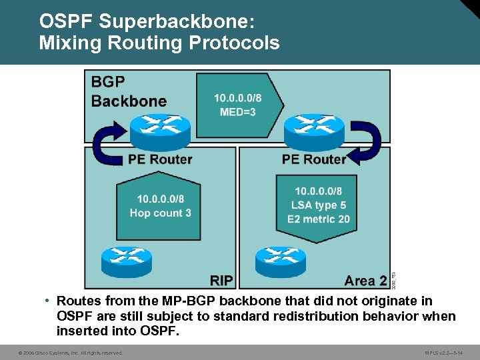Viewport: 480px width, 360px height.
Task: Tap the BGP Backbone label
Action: click(x=129, y=92)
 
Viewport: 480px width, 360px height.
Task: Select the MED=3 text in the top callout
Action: click(x=237, y=112)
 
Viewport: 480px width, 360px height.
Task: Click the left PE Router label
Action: click(x=160, y=159)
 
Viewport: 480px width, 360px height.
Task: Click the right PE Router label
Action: click(x=314, y=159)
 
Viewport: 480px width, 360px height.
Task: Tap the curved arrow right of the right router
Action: click(x=363, y=144)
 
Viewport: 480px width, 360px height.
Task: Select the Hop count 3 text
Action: click(x=160, y=213)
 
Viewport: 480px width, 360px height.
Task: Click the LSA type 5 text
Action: click(x=319, y=205)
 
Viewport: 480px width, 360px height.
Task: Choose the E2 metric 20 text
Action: click(x=319, y=219)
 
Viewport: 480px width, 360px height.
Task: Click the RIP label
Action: click(x=221, y=281)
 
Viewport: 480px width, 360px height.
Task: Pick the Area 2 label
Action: click(x=365, y=281)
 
